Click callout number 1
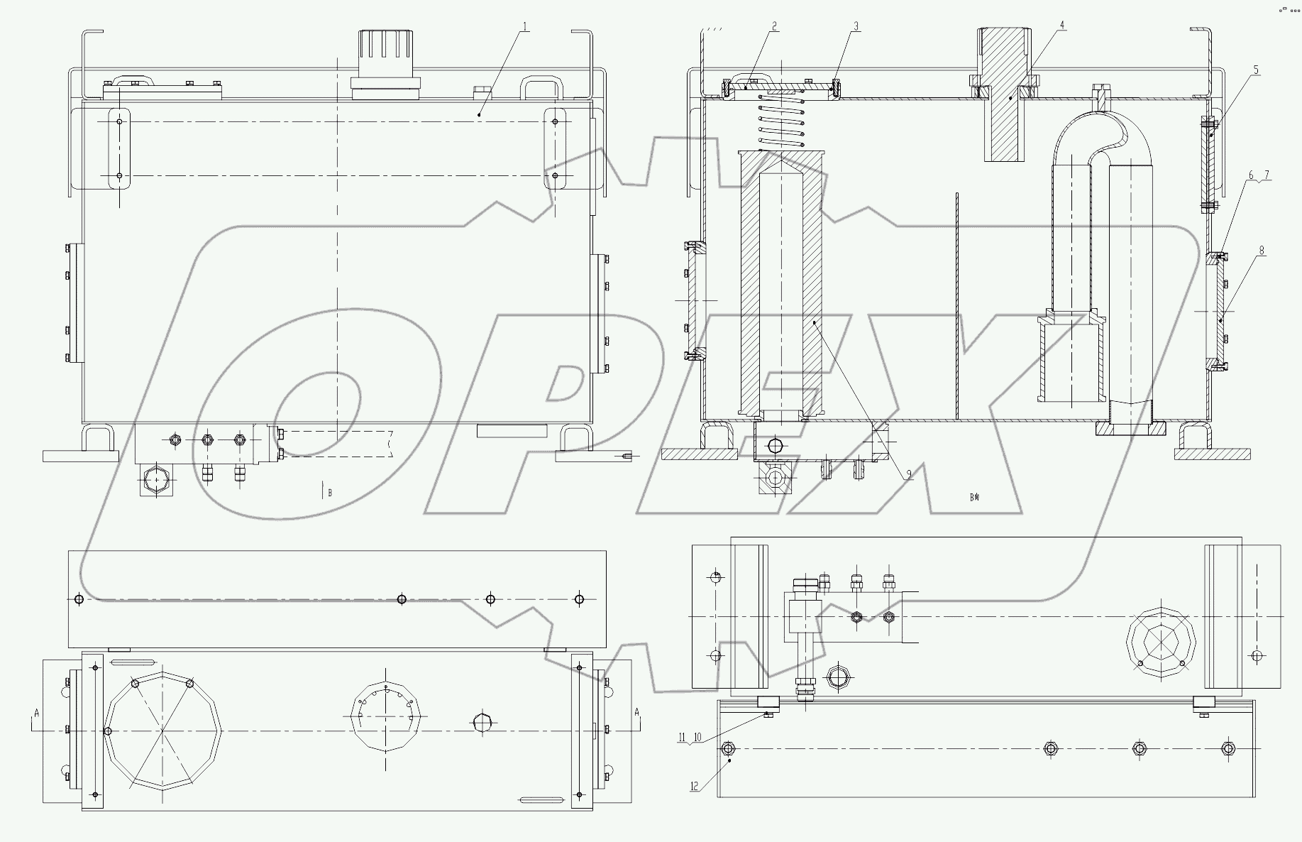tap(525, 27)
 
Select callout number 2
tap(774, 26)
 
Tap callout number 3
tap(856, 26)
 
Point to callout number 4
tap(1062, 25)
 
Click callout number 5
tap(1256, 70)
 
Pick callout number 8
tap(1262, 251)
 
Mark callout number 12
tap(695, 786)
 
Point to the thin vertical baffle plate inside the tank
tap(957, 305)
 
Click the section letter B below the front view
tap(329, 492)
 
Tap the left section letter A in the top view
tap(36, 712)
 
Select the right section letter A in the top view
tap(636, 712)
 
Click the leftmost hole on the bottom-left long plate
tap(79, 599)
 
